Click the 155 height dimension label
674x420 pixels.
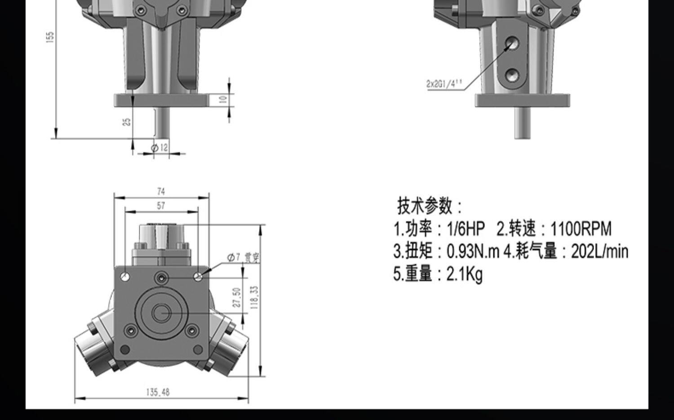click(50, 37)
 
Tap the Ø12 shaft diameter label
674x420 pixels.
click(159, 148)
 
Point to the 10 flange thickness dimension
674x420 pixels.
click(223, 100)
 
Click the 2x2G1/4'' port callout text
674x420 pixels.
click(444, 83)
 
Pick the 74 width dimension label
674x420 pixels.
click(161, 191)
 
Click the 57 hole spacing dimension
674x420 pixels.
click(161, 206)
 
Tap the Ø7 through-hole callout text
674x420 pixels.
click(243, 257)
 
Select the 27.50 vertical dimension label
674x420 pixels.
click(237, 297)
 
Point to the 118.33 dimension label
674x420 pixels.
click(254, 297)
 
